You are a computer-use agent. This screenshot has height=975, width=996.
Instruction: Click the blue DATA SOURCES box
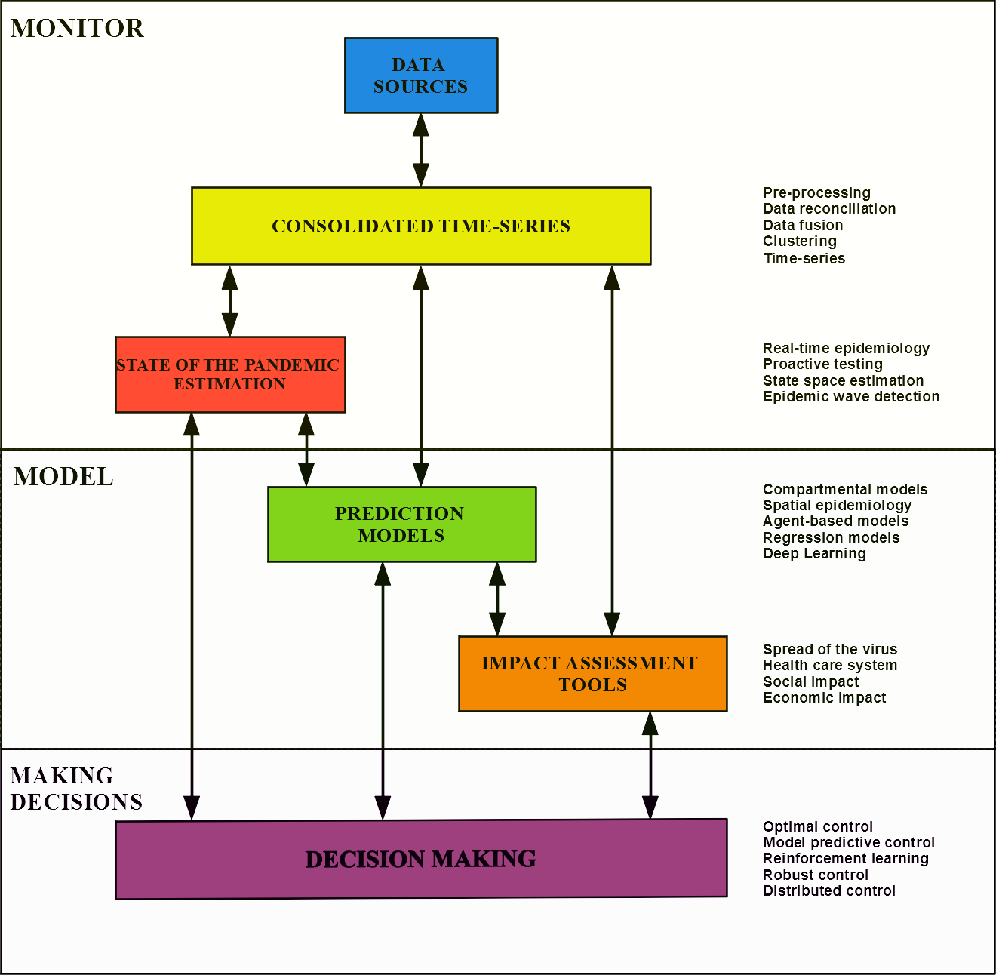click(421, 75)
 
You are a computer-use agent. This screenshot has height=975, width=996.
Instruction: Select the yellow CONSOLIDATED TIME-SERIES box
click(421, 226)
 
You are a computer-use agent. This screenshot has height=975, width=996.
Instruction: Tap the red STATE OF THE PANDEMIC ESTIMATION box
click(230, 374)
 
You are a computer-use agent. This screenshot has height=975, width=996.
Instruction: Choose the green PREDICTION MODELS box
click(401, 524)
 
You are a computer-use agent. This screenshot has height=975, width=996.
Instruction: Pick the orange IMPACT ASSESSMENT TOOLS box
click(592, 674)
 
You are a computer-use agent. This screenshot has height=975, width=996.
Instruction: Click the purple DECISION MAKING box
click(421, 859)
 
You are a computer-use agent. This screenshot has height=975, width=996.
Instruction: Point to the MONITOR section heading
click(77, 29)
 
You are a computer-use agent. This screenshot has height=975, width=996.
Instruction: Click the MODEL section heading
click(63, 477)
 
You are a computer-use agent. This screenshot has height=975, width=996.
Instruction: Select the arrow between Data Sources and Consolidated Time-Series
click(421, 150)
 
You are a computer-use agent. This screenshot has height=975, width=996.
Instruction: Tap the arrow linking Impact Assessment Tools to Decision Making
click(650, 765)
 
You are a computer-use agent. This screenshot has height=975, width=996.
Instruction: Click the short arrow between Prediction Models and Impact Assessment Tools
click(497, 599)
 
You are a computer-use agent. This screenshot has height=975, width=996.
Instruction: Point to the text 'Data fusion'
click(803, 225)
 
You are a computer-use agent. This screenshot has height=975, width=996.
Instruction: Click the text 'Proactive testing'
click(822, 364)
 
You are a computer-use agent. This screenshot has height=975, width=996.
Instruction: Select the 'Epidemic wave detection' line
click(851, 396)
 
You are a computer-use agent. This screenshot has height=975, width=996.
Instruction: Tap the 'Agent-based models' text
click(835, 521)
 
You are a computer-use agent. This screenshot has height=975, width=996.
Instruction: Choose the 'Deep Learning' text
click(814, 553)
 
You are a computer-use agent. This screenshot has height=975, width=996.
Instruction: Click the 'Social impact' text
click(810, 681)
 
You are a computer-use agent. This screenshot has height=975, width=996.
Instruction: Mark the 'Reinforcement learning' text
click(845, 858)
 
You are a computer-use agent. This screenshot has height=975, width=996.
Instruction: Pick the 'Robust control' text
click(815, 875)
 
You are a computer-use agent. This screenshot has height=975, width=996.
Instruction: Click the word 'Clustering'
click(799, 241)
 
